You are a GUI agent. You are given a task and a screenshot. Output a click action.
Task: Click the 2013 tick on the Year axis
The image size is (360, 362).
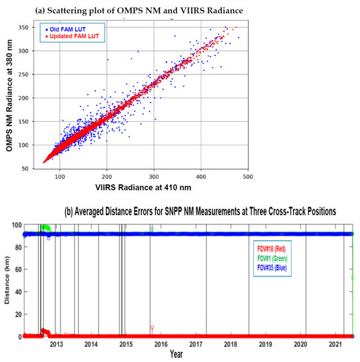57,344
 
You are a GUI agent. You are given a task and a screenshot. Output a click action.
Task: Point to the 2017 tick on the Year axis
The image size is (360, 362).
196,344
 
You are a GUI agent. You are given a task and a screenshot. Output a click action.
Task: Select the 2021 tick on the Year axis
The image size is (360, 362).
335,344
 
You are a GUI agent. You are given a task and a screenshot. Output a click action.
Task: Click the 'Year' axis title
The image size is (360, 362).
176,354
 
